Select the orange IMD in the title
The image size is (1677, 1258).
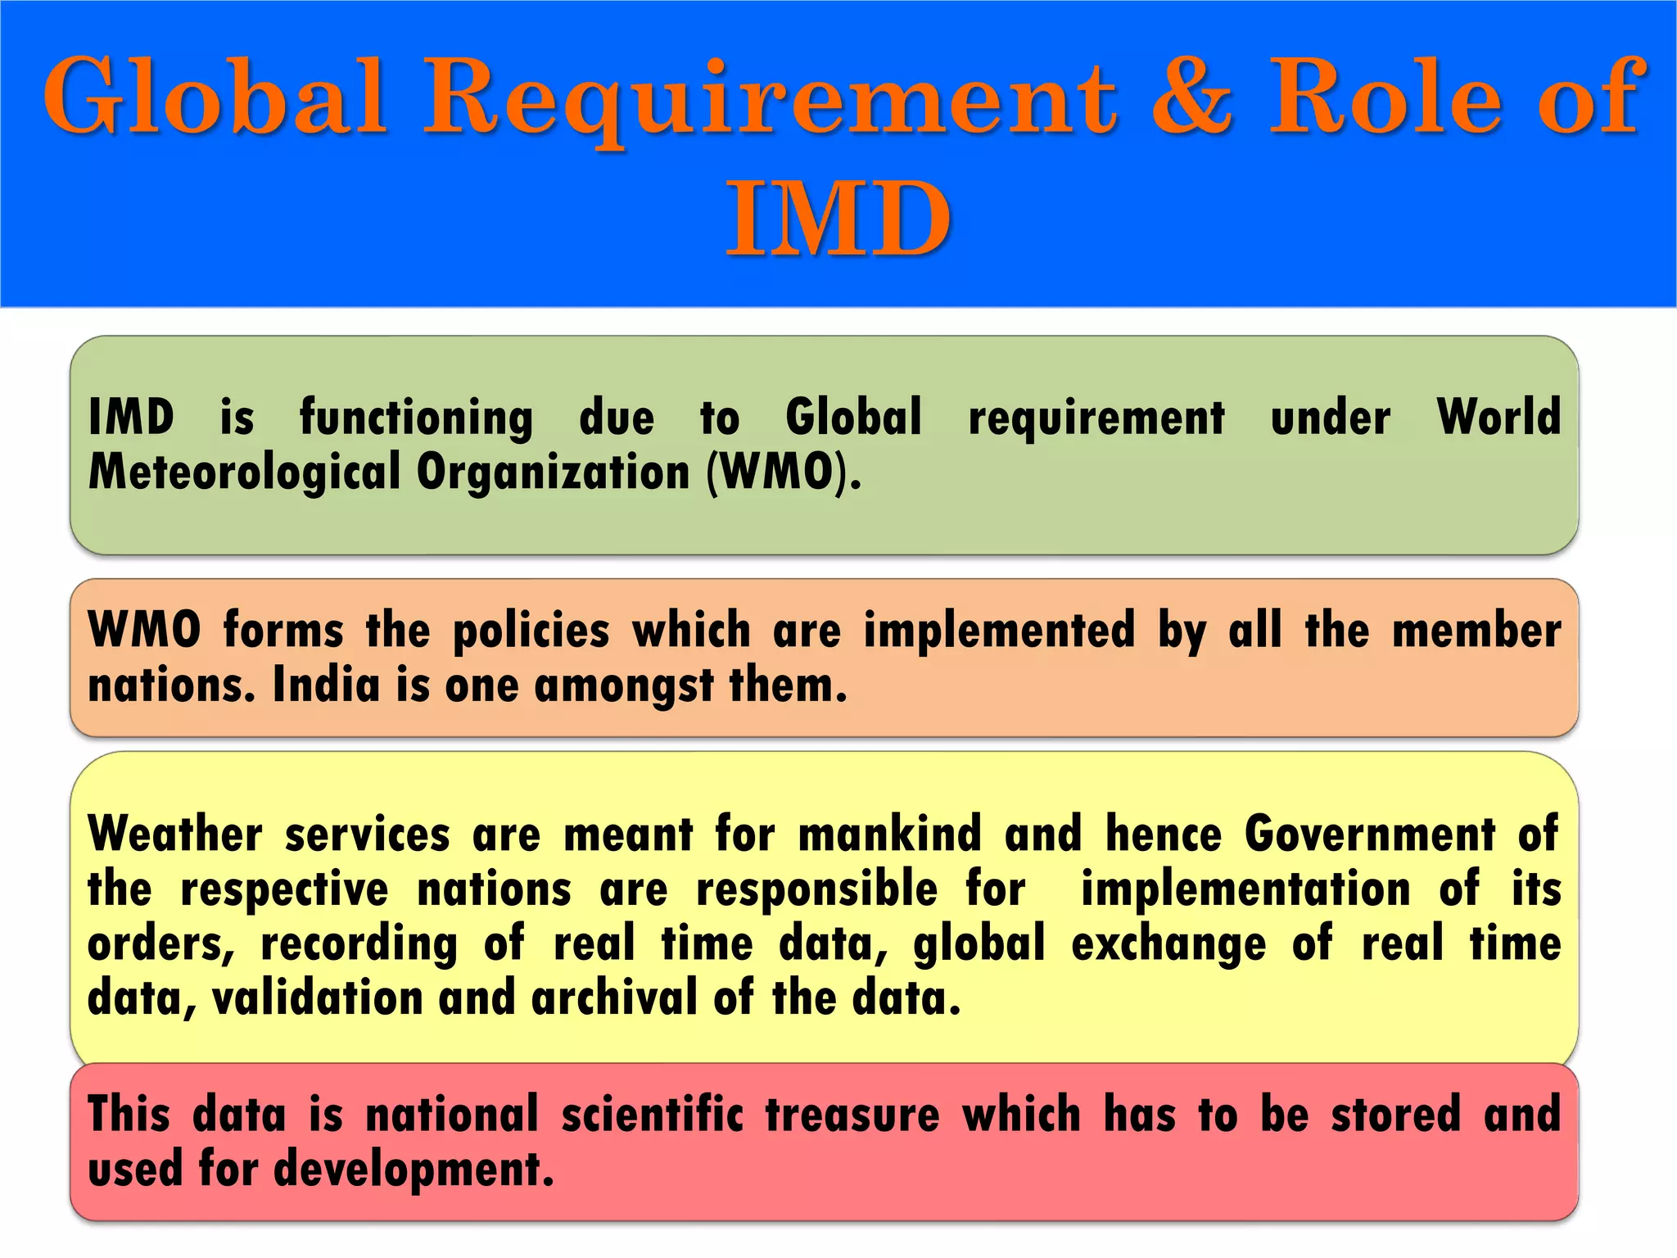838,219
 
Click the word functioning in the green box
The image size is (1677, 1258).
416,418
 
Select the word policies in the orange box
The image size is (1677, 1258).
531,631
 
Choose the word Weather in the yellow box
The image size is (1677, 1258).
175,835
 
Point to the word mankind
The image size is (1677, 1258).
889,835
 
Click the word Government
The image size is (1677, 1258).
1370,835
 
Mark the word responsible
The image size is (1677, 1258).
816,890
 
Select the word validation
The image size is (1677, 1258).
316,998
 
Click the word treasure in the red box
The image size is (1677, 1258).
852,1115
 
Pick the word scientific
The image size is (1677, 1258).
653,1115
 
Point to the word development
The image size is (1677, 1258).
414,1170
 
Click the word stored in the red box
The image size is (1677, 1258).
1395,1115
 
